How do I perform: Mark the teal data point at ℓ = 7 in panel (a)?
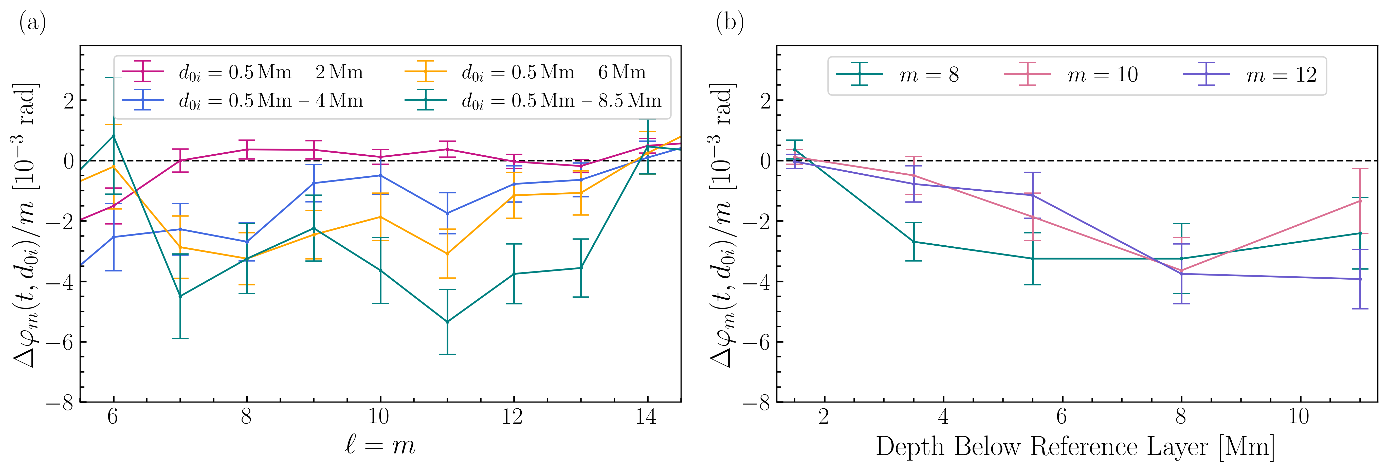click(180, 296)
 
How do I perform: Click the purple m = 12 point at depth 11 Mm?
click(1360, 279)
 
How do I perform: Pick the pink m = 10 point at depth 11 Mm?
click(1360, 201)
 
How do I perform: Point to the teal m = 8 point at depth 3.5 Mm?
click(913, 242)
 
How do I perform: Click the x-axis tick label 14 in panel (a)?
click(646, 416)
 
